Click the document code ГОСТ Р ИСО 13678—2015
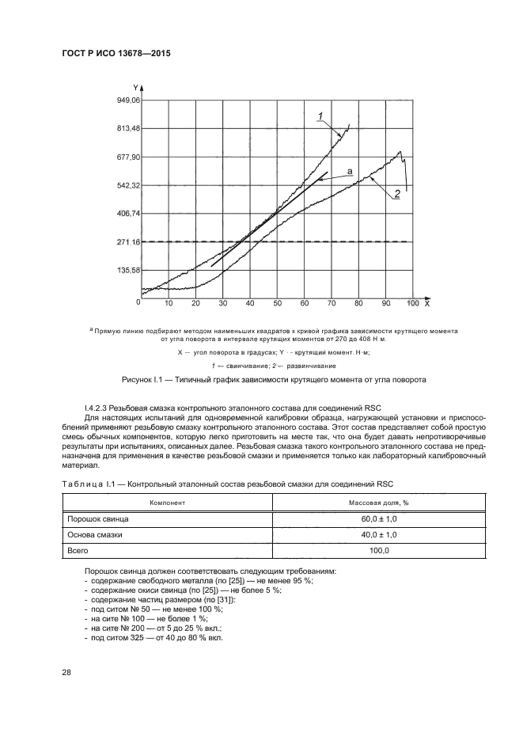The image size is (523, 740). point(116,54)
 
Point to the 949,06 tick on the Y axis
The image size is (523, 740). point(127,101)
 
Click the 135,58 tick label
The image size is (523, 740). point(127,270)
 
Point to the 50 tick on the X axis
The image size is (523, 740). point(277,304)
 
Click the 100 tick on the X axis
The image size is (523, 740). point(412,304)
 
